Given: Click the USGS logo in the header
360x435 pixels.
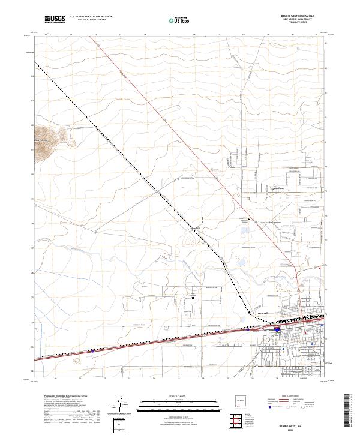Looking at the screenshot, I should point(55,19).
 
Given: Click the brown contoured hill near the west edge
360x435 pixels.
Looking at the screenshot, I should point(49,137).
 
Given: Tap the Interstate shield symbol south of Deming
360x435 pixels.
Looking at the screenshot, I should point(276,329).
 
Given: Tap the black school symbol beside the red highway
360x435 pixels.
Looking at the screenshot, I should point(250,220).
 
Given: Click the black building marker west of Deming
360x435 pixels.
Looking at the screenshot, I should point(193,298).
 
